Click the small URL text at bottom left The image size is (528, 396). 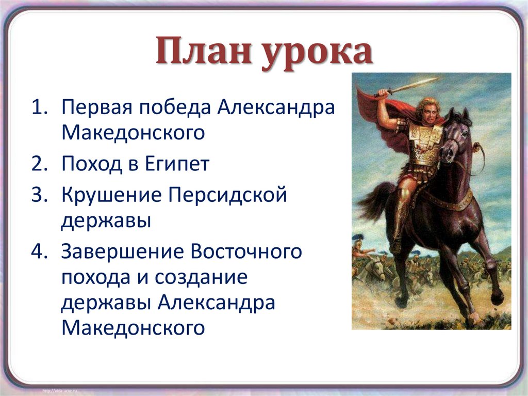[62, 387]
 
